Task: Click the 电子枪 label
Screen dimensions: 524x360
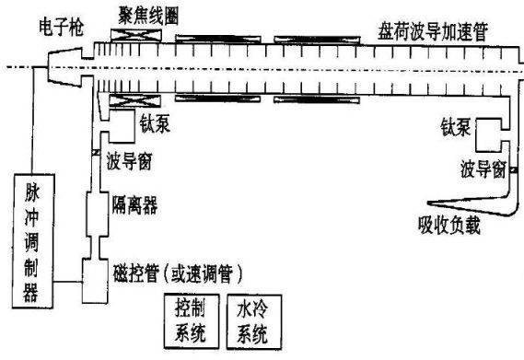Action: (61, 27)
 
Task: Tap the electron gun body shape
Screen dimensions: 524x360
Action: (65, 67)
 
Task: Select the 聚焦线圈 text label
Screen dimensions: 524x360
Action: (148, 16)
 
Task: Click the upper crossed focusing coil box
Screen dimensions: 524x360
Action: (136, 35)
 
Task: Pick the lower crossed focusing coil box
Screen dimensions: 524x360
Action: (135, 100)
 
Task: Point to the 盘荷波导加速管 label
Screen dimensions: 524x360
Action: (433, 31)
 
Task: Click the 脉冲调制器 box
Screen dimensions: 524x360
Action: (33, 240)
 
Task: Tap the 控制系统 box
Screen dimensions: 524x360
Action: (192, 321)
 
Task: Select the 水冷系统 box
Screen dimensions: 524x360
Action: (254, 322)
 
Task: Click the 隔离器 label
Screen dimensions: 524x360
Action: (134, 204)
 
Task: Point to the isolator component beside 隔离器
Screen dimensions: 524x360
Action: (98, 215)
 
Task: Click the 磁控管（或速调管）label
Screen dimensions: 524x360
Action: (177, 273)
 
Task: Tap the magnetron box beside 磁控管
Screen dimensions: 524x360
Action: (95, 281)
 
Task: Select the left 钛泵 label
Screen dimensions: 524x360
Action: (155, 123)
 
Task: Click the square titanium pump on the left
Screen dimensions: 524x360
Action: (122, 126)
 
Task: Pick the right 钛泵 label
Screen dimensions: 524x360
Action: (455, 127)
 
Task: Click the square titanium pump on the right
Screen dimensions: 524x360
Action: (488, 134)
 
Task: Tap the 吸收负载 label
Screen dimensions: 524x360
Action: (448, 226)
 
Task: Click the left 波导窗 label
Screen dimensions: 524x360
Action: (129, 161)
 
